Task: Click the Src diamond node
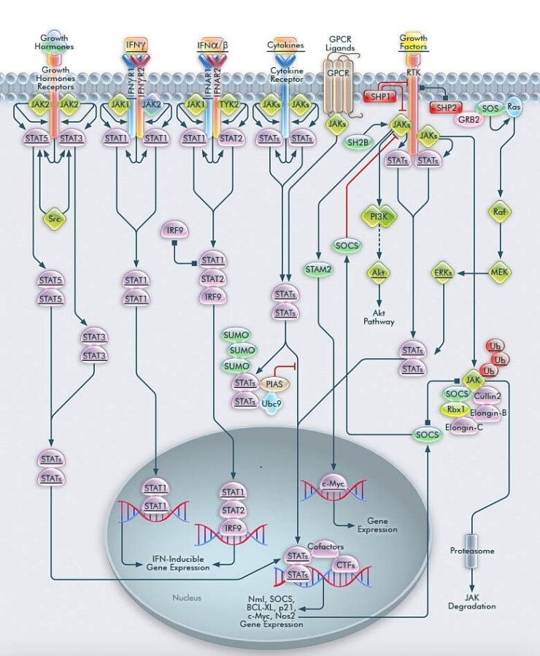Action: tap(52, 219)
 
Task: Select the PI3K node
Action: tap(379, 216)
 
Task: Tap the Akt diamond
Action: tap(379, 272)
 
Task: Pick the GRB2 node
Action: tap(469, 120)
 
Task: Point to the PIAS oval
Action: tap(273, 384)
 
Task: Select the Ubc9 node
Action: tap(273, 403)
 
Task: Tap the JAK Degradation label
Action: tap(482, 601)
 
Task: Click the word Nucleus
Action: tap(186, 598)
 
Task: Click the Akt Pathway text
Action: tap(379, 316)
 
